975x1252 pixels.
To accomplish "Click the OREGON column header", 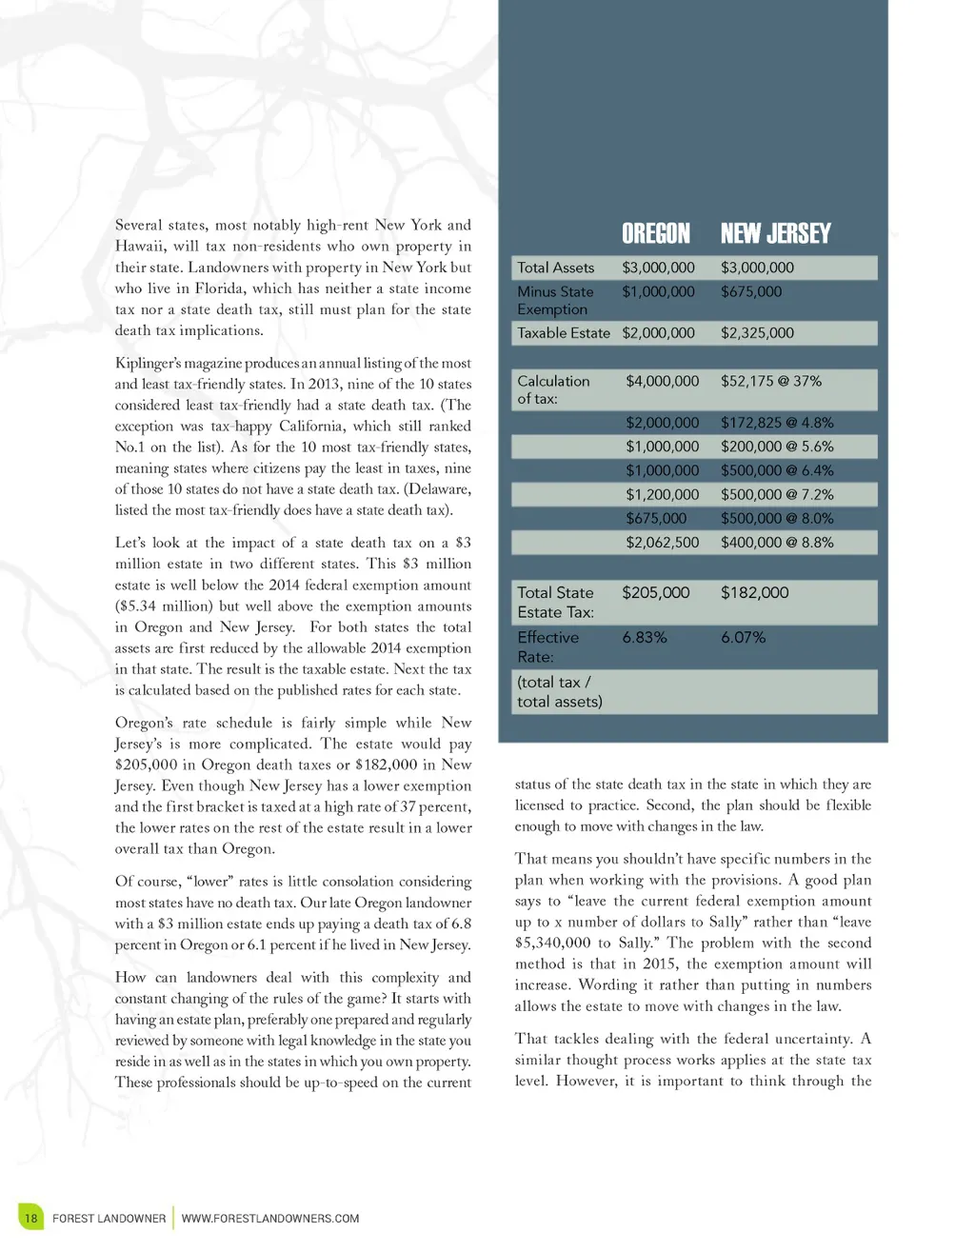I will point(655,233).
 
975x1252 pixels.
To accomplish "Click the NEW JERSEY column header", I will point(775,233).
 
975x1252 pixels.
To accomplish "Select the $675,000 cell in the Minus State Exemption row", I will point(751,292).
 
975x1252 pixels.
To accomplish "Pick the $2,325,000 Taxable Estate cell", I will point(757,333).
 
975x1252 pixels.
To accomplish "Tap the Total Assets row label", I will point(555,268).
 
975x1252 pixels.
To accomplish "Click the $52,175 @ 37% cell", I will point(770,381).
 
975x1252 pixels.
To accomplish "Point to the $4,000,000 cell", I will point(662,381).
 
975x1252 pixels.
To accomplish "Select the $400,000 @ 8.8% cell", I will point(776,543).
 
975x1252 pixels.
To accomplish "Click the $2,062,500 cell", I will point(662,543).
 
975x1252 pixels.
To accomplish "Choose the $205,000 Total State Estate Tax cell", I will point(655,592).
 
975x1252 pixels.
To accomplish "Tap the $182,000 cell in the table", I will point(754,592).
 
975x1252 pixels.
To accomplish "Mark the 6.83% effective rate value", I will point(645,638).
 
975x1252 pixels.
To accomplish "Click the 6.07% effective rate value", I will point(743,638).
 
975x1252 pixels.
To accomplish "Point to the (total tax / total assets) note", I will point(559,692).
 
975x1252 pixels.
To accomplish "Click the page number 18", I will point(30,1218).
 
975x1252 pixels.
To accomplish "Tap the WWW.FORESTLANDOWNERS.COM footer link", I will point(270,1219).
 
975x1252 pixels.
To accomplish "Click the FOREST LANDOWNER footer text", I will point(109,1219).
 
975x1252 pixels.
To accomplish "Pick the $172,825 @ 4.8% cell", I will point(776,423).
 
